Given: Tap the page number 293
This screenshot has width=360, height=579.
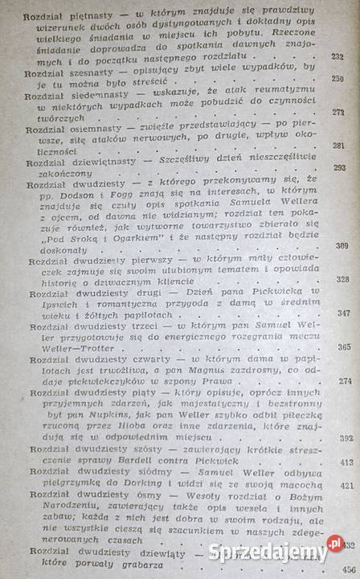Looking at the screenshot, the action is (x=340, y=167).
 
